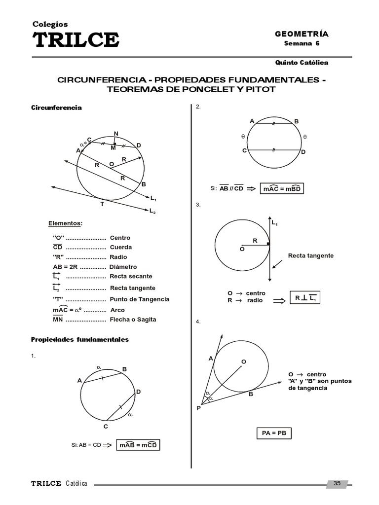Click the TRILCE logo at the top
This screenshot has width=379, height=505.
pos(76,39)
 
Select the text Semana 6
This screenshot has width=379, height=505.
pos(304,43)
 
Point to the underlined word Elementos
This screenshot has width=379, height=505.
pos(65,223)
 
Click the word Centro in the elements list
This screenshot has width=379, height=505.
pos(120,238)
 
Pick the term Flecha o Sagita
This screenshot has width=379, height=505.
pos(133,320)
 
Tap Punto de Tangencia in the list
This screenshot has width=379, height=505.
pos(139,299)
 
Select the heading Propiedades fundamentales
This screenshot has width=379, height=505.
pos(80,339)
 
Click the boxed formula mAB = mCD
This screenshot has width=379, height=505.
pos(139,445)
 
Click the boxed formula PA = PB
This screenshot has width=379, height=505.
pos(274,433)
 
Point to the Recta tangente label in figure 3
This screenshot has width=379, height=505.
pos(311,255)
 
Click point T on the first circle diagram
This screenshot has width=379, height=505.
pos(102,204)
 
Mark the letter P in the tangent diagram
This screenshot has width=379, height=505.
pos(198,408)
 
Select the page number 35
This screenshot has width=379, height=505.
pos(338,483)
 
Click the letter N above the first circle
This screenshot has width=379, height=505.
pos(116,134)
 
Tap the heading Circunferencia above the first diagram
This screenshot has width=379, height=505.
pos(57,107)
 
